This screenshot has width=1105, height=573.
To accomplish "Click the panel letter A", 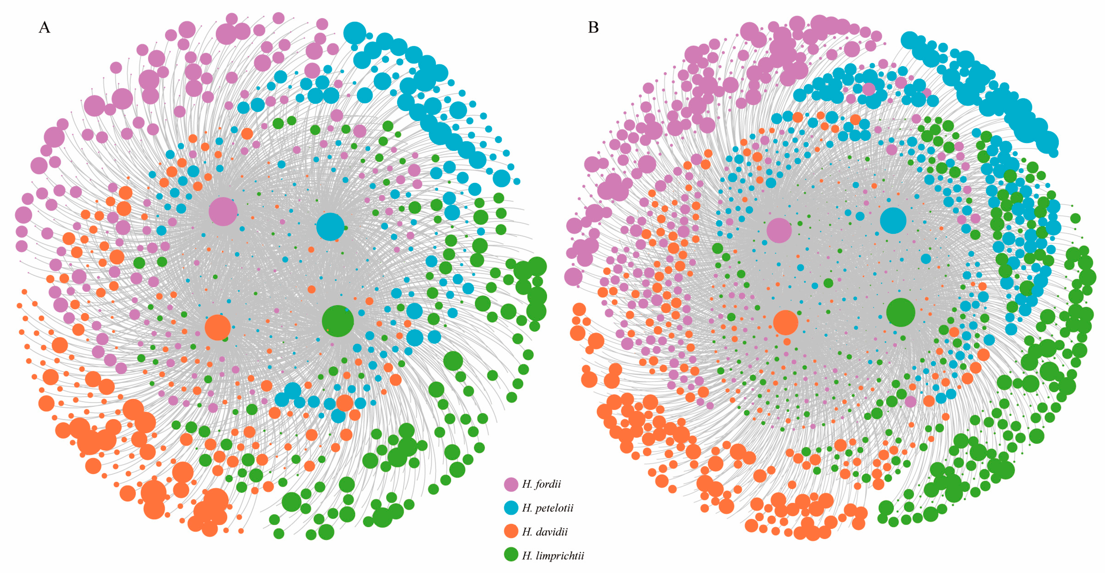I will pyautogui.click(x=44, y=27).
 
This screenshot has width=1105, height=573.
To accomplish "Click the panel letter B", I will pyautogui.click(x=593, y=27).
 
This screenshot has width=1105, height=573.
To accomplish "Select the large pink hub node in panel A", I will pyautogui.click(x=223, y=212).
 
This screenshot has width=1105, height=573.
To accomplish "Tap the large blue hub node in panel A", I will pyautogui.click(x=330, y=227).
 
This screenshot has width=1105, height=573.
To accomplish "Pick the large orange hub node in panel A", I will pyautogui.click(x=218, y=327).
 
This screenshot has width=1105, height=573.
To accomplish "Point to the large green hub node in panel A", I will pyautogui.click(x=338, y=321).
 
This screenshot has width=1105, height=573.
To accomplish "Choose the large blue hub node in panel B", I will pyautogui.click(x=893, y=221).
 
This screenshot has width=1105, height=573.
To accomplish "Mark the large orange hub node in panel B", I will pyautogui.click(x=785, y=323).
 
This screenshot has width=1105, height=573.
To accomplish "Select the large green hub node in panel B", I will pyautogui.click(x=900, y=312).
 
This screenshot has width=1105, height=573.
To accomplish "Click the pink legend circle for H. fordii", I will pyautogui.click(x=511, y=484).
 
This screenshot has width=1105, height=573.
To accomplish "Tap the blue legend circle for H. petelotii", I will pyautogui.click(x=511, y=508).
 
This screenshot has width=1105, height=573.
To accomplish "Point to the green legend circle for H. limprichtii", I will pyautogui.click(x=511, y=555).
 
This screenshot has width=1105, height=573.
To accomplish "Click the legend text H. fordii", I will pyautogui.click(x=541, y=484).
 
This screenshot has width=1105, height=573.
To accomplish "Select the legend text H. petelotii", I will pyautogui.click(x=547, y=508).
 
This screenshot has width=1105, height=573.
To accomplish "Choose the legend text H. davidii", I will pyautogui.click(x=545, y=532).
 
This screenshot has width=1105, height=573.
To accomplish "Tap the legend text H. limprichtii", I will pyautogui.click(x=553, y=556).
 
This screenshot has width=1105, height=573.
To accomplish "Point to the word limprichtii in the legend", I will pyautogui.click(x=560, y=556).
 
